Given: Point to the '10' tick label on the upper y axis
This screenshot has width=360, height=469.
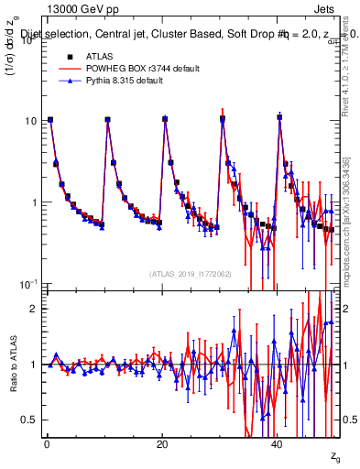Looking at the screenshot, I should (29, 121).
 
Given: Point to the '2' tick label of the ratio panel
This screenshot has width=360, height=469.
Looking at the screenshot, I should (32, 309).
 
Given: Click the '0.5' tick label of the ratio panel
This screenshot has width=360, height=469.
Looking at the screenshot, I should (27, 420).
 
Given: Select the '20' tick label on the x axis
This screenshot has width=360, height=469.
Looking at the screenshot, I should (162, 444).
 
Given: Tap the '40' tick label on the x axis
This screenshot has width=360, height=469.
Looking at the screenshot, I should (278, 444).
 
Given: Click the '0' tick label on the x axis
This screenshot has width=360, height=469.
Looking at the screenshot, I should (47, 444).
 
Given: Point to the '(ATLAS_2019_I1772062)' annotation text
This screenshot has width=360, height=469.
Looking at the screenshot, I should (191, 274).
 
